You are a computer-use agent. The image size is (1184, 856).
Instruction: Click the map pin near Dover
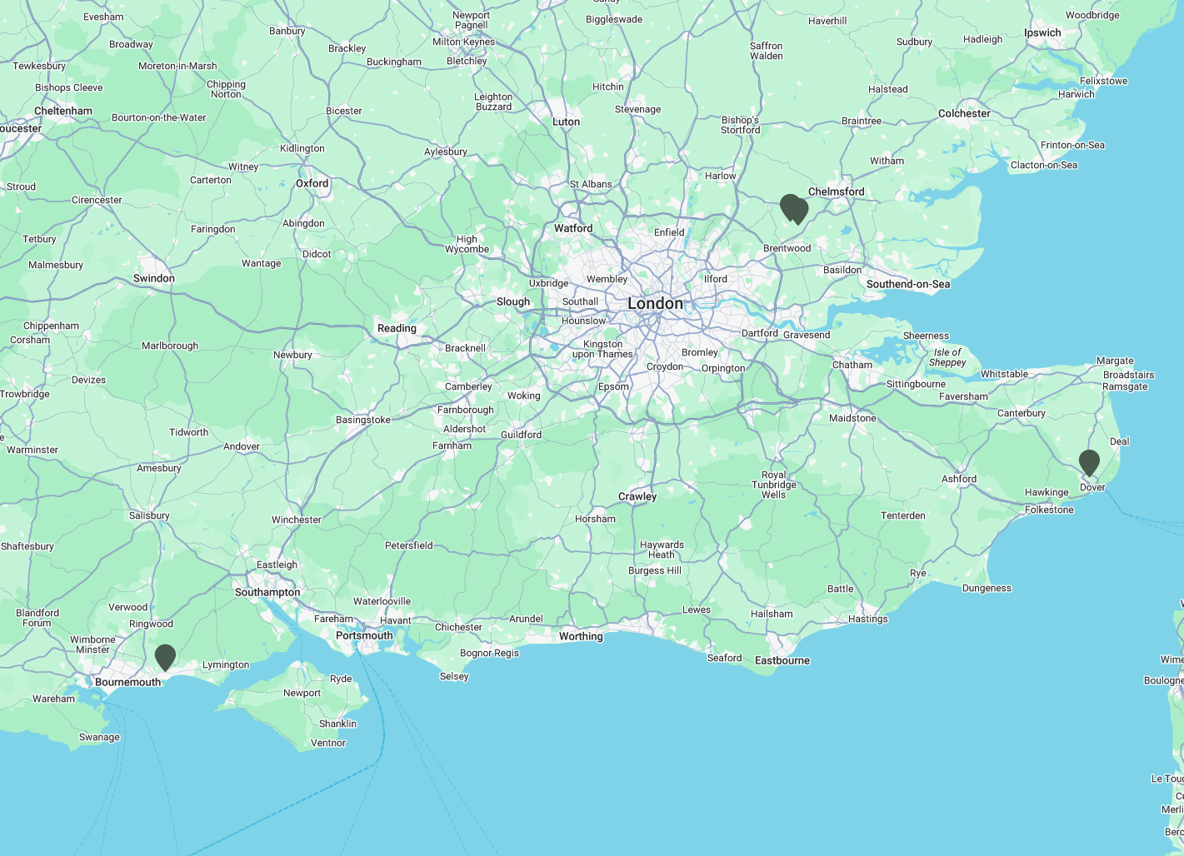coord(1088,462)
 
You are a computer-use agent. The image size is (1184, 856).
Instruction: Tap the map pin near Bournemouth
coord(165,656)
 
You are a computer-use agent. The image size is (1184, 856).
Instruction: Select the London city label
coord(655,304)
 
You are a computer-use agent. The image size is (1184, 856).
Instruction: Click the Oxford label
coord(312,183)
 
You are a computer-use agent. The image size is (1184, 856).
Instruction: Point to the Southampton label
coord(267,592)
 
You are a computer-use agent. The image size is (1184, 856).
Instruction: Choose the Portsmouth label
coord(364,635)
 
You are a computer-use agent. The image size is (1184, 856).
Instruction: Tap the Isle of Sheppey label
coord(947,357)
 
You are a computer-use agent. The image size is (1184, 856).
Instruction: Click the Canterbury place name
coord(1021,413)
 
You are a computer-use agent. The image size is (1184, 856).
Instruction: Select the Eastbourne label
coord(782,660)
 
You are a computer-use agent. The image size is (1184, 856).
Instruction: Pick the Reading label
coord(397,328)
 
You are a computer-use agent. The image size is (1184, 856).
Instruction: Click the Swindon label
coord(154,278)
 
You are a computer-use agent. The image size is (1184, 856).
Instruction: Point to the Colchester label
coord(964,113)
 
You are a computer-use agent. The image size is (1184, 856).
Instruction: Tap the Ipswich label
coord(1042,32)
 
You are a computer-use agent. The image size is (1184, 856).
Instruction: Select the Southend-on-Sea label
coord(907,284)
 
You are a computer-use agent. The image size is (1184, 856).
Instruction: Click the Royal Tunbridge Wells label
coord(774,485)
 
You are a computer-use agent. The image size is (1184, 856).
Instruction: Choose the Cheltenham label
coord(63,111)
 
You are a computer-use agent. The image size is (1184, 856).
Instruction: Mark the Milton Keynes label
coord(463,42)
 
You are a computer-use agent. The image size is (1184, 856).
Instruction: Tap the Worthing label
coord(581,636)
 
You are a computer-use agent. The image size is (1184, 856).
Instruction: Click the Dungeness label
coord(987,588)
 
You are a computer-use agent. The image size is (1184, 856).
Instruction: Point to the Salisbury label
coord(149,515)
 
